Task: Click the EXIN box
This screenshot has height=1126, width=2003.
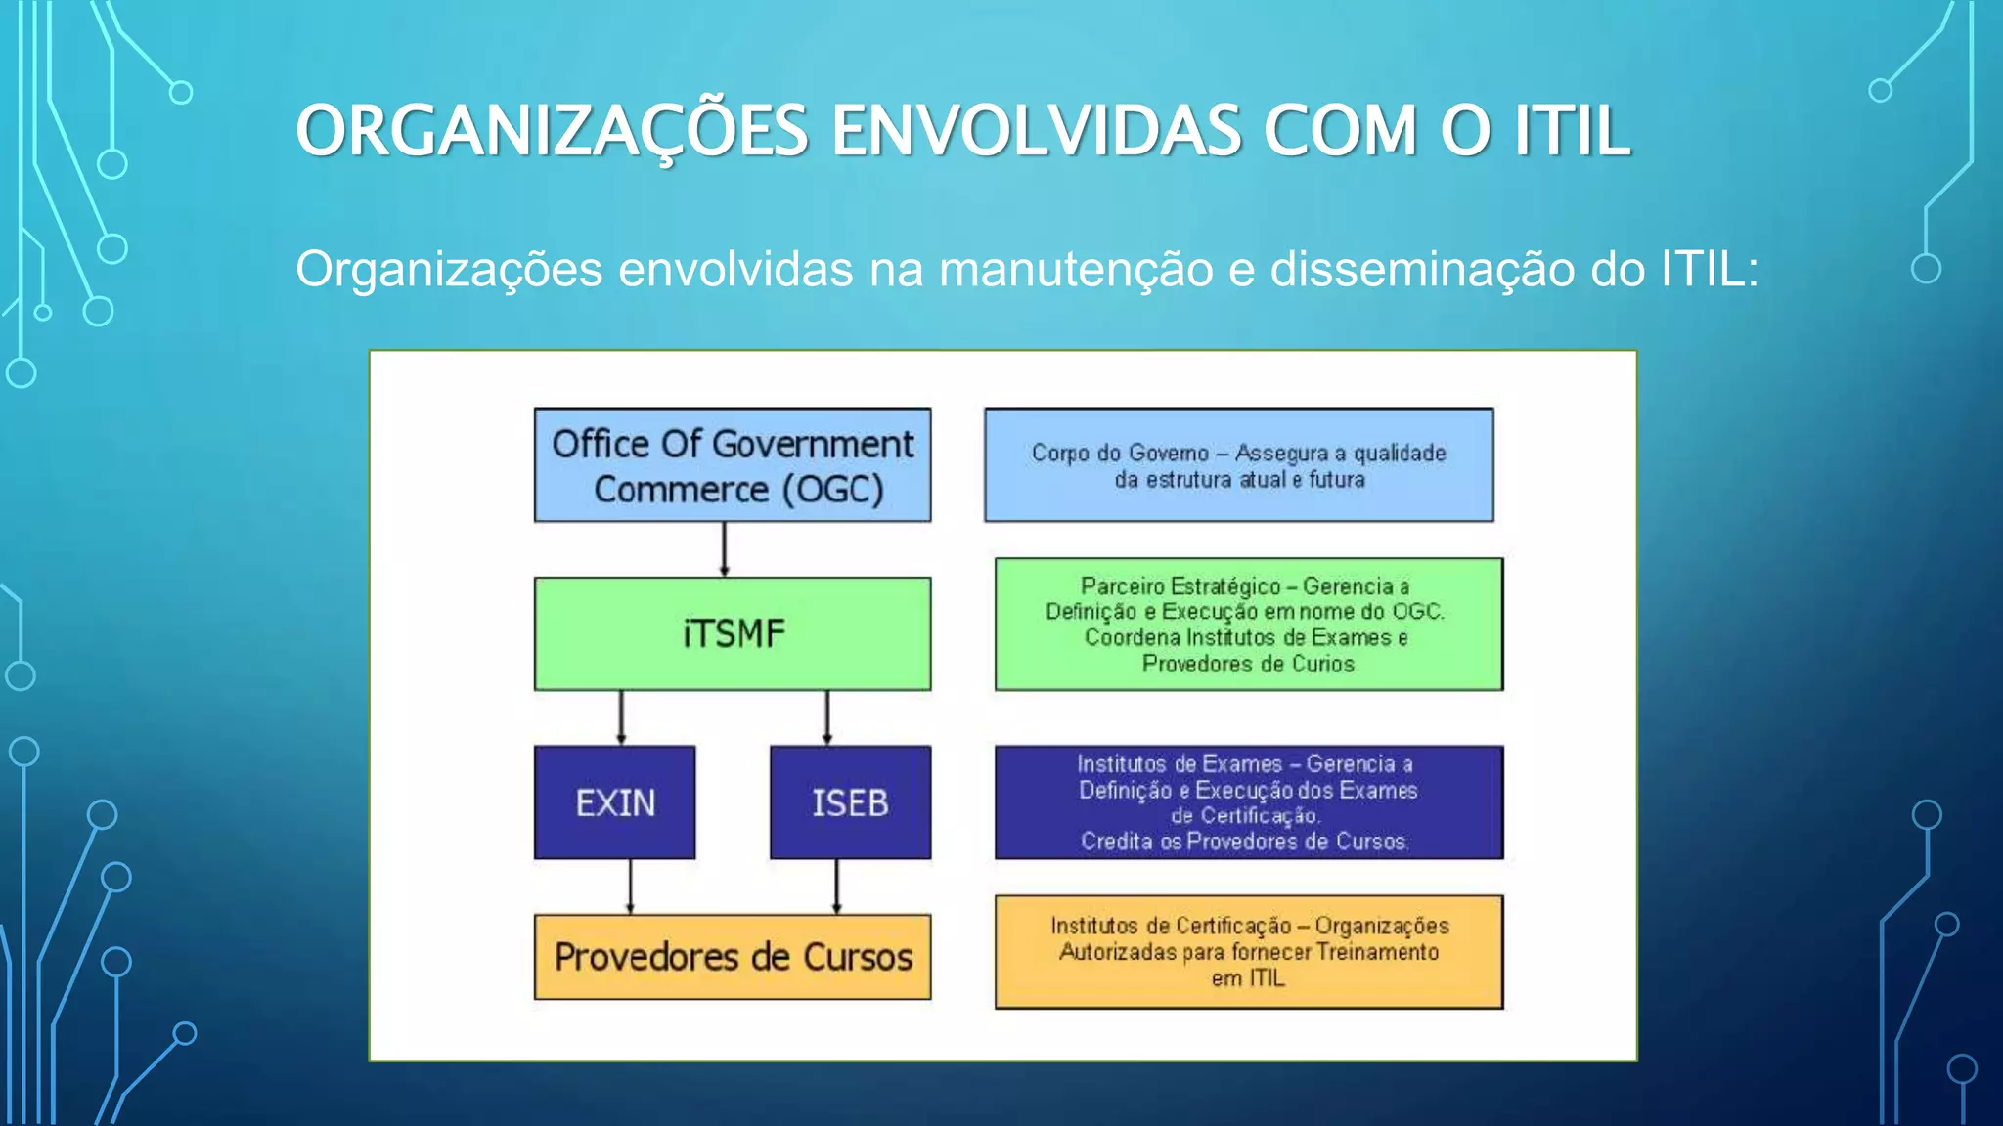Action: pyautogui.click(x=614, y=802)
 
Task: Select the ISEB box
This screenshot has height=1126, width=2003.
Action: pyautogui.click(x=850, y=802)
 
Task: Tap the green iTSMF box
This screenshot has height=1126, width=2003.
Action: pyautogui.click(x=733, y=633)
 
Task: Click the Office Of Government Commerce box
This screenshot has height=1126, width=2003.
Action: pyautogui.click(x=733, y=465)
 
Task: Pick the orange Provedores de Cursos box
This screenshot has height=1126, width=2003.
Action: pyautogui.click(x=733, y=957)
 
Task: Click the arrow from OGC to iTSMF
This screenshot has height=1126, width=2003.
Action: pyautogui.click(x=724, y=549)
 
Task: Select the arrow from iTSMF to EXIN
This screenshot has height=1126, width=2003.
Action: pyautogui.click(x=621, y=718)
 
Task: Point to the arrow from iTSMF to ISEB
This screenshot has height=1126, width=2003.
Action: pyautogui.click(x=827, y=718)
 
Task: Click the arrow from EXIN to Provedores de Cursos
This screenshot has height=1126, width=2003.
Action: pyautogui.click(x=630, y=887)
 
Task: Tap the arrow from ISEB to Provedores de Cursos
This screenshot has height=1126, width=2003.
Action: pyautogui.click(x=836, y=887)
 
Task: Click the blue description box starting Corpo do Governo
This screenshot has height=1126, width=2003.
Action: pyautogui.click(x=1239, y=465)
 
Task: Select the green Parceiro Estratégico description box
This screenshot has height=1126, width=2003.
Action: pyautogui.click(x=1249, y=625)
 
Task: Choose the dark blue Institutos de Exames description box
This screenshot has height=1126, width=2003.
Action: pyautogui.click(x=1249, y=802)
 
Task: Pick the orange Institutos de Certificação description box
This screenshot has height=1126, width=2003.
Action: pyautogui.click(x=1249, y=952)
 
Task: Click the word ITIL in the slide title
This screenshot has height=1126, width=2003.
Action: pyautogui.click(x=1573, y=131)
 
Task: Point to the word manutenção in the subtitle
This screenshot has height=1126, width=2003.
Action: pyautogui.click(x=1076, y=269)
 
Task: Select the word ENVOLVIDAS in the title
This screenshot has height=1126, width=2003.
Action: pyautogui.click(x=1037, y=131)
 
